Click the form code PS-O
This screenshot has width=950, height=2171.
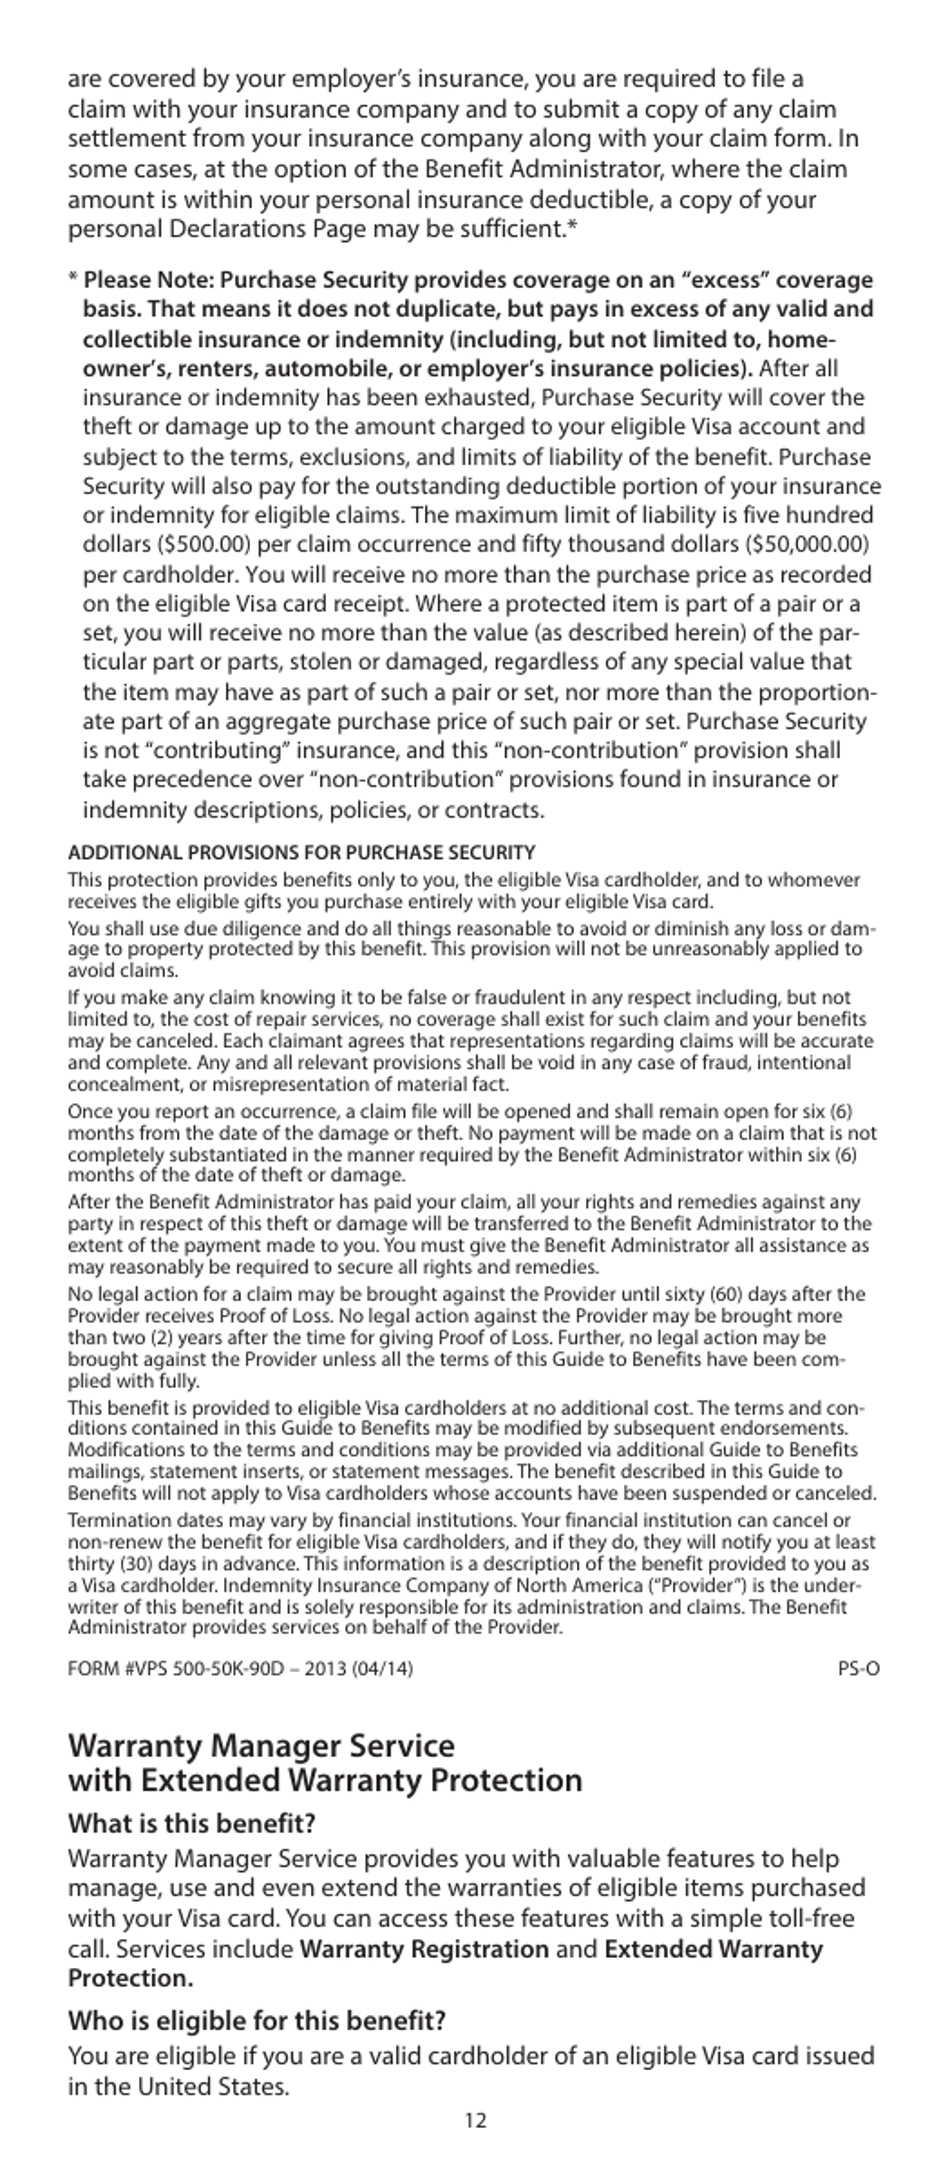tap(859, 1669)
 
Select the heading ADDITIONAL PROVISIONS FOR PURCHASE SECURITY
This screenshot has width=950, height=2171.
tap(301, 853)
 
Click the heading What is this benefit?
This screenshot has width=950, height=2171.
tap(191, 1823)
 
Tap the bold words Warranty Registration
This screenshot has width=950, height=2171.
tap(424, 1949)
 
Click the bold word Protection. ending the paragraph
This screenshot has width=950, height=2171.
tap(130, 1979)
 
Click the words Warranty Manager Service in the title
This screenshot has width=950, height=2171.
tap(260, 1746)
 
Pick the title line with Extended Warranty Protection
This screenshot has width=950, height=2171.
tap(325, 1781)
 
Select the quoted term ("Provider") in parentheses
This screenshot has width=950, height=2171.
tap(718, 1585)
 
